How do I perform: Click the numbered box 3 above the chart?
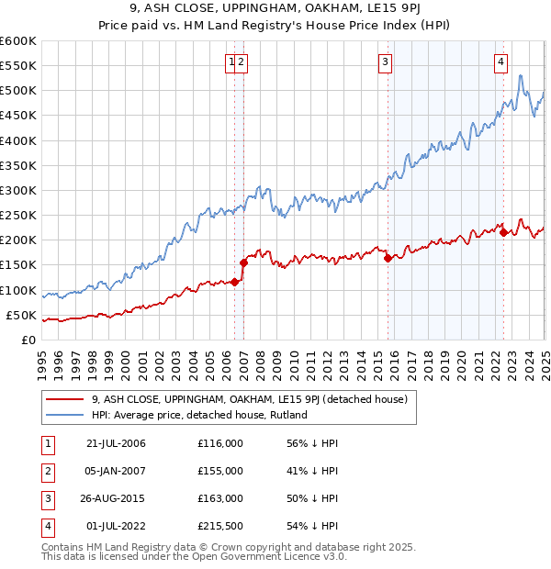pos(384,62)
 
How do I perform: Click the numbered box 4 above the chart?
pos(501,62)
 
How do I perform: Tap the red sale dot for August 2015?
pos(388,259)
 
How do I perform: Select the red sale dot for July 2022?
pos(503,232)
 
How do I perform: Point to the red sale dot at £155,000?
pos(243,262)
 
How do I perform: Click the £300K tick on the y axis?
pos(18,190)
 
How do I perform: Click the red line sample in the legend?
pos(64,399)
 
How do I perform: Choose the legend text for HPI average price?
pos(198,415)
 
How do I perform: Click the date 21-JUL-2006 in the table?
pos(116,443)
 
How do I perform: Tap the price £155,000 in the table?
pos(220,471)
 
